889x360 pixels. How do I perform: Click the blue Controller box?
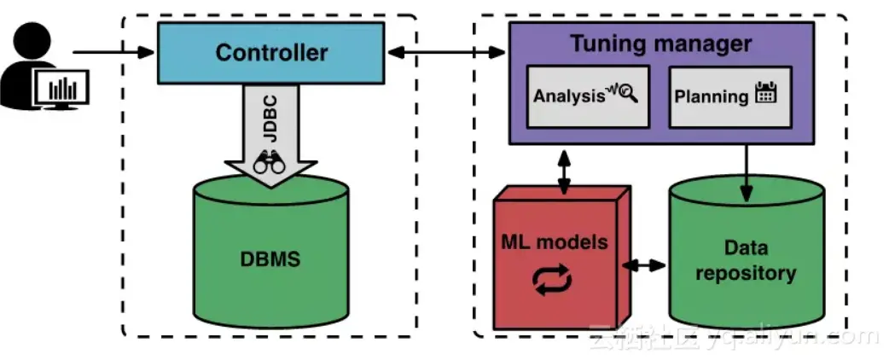click(270, 53)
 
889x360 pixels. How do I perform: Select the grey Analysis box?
click(586, 96)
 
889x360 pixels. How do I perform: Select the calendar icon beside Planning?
click(765, 94)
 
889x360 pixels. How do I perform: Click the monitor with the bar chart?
click(61, 88)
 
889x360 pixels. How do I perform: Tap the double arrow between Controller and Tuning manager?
click(445, 53)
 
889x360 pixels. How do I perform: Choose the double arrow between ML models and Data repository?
click(644, 265)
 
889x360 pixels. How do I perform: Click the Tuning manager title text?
click(660, 43)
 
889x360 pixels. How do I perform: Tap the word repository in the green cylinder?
click(746, 274)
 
